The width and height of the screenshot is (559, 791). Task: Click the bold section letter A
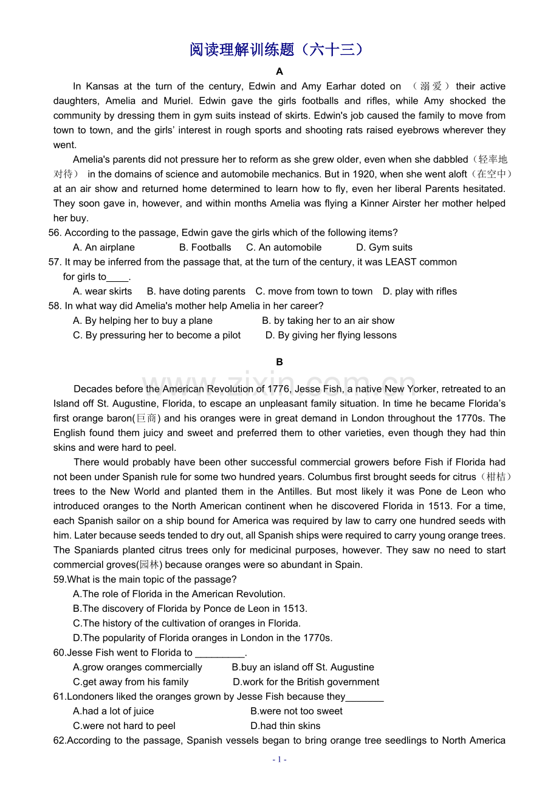[279, 72]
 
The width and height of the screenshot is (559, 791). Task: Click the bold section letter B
[279, 362]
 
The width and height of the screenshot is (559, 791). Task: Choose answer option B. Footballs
[205, 247]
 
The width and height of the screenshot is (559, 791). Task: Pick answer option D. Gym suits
[384, 247]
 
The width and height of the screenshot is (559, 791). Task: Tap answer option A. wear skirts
[102, 291]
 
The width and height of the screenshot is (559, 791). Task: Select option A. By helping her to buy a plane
[143, 320]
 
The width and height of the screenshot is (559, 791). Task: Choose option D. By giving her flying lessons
[331, 335]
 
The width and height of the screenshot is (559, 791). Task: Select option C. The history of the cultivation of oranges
[187, 623]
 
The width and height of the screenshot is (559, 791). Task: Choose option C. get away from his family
[131, 682]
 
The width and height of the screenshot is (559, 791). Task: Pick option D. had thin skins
[285, 725]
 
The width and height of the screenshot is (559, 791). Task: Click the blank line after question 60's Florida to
[220, 654]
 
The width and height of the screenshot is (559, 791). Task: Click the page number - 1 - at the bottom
[279, 759]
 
